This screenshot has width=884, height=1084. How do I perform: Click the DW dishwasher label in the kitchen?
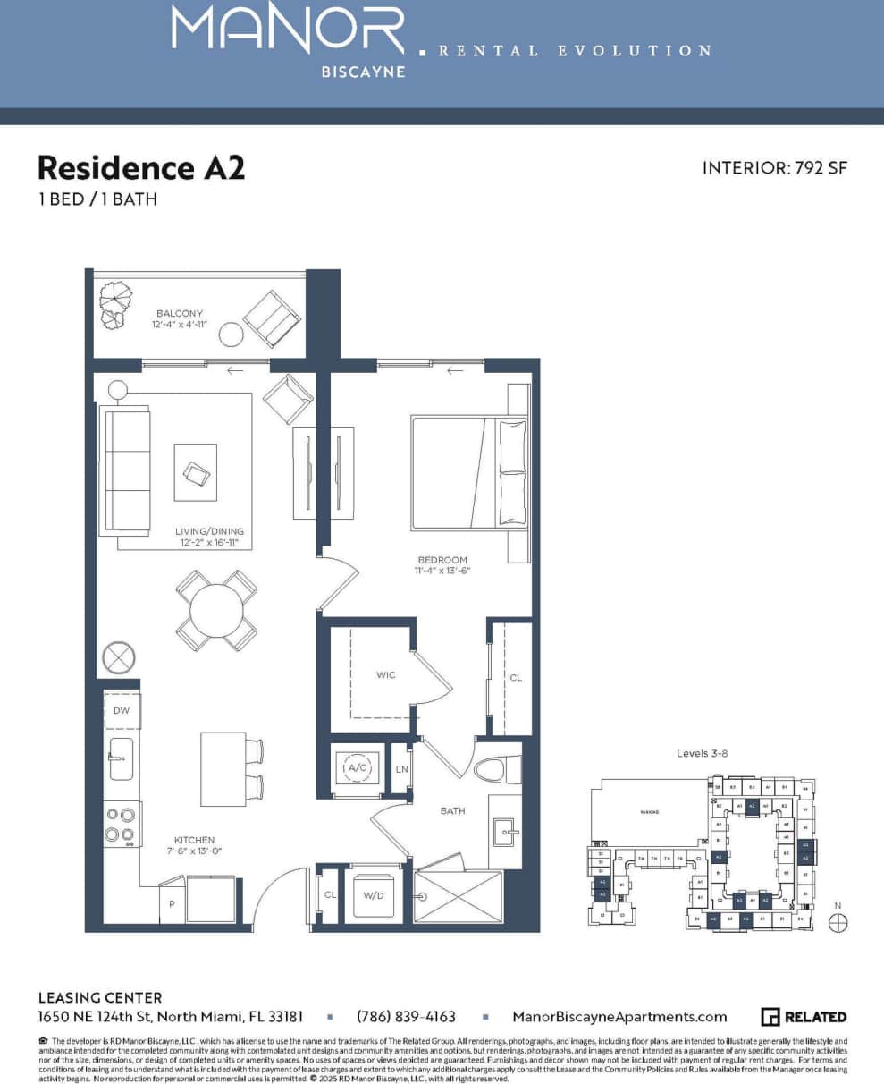point(121,711)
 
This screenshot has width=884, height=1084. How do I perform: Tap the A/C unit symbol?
point(357,768)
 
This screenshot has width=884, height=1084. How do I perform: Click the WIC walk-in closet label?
point(385,675)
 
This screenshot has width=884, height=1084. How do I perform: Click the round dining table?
point(216,611)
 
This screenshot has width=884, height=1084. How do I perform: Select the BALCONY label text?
point(179,314)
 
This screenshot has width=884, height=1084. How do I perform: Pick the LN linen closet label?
point(402,769)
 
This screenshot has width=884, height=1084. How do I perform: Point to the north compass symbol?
point(838,922)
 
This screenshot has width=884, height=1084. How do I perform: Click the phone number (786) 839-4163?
point(406,1017)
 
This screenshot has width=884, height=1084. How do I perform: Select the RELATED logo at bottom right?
point(804,1017)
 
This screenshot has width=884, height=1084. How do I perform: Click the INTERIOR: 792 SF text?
point(774,168)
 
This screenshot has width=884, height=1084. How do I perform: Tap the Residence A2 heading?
point(140,168)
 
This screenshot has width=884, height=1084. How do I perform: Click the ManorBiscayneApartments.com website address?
point(619,1017)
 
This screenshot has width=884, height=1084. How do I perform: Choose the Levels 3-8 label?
point(703,754)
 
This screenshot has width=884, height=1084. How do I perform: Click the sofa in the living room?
point(125,470)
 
